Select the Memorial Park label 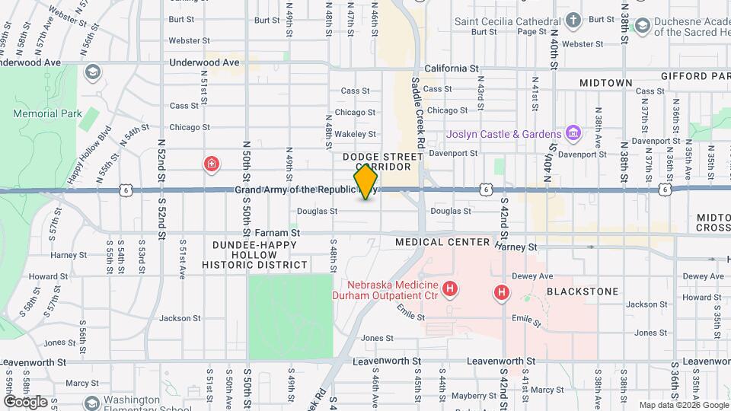[47, 114]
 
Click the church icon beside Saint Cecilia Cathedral [574, 21]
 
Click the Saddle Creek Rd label [417, 112]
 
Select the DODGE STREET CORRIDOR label [382, 161]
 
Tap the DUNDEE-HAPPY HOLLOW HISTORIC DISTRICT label [254, 255]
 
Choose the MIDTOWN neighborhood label [605, 82]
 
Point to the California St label [451, 68]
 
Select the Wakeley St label [356, 134]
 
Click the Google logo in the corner [25, 401]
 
